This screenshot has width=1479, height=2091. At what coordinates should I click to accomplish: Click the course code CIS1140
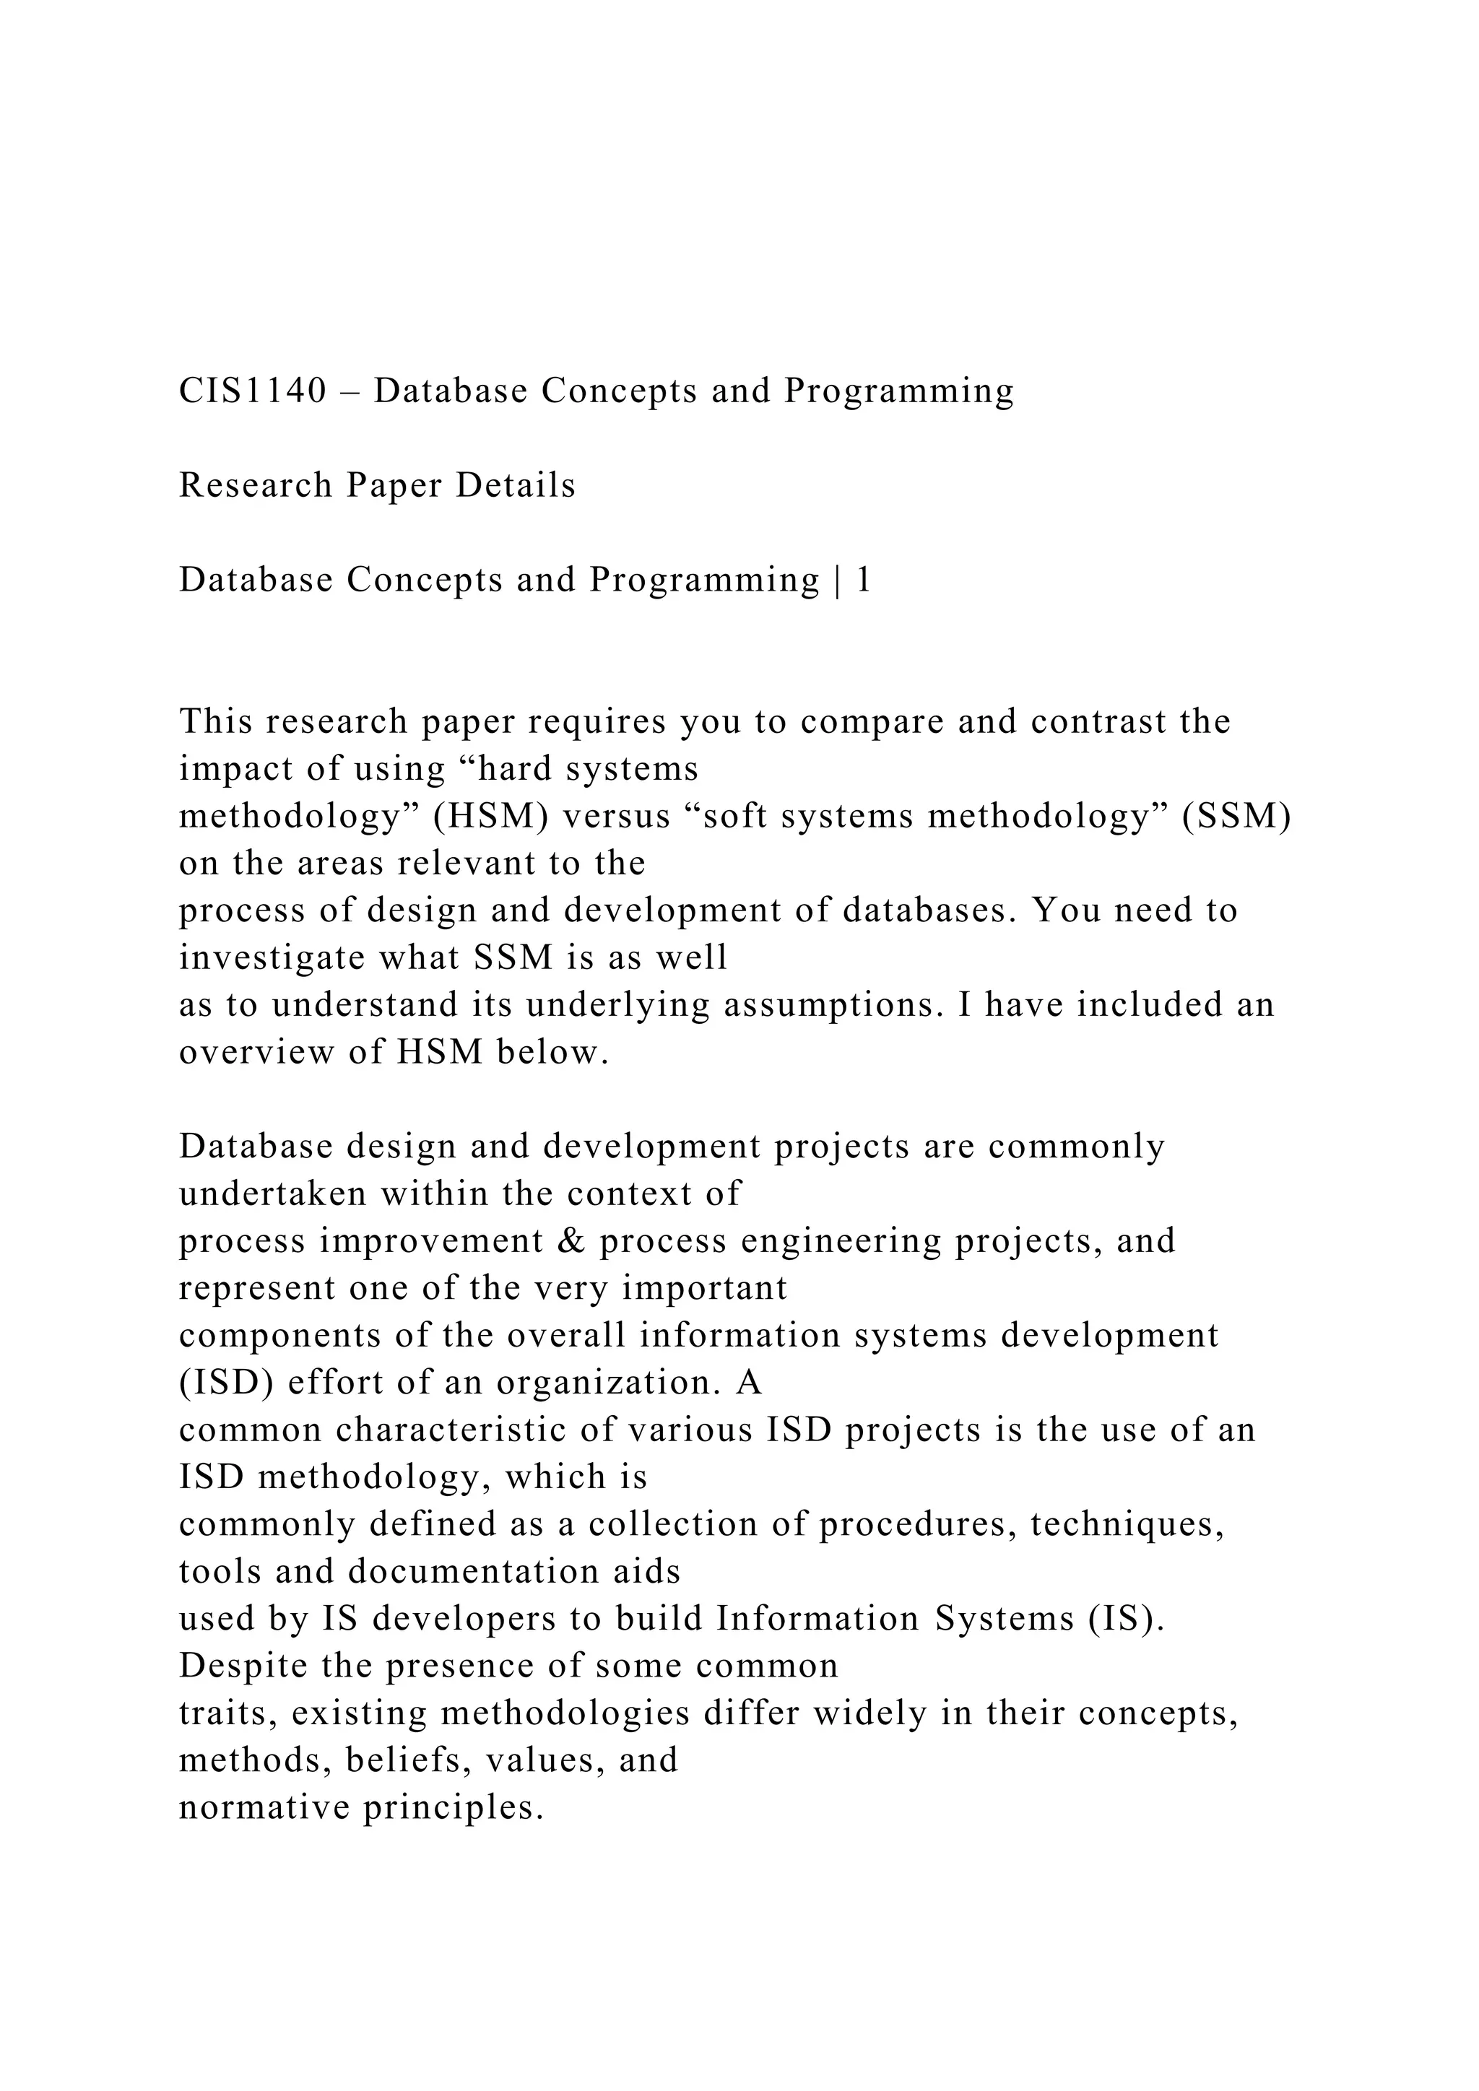tap(252, 391)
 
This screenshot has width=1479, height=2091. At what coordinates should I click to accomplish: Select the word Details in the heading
tap(516, 485)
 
